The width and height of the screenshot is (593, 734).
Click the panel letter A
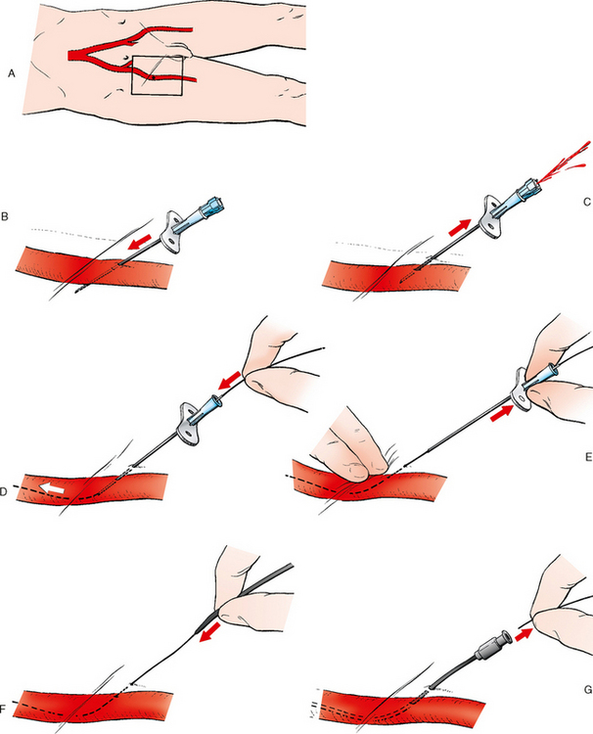pyautogui.click(x=12, y=73)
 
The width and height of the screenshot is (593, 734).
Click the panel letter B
pyautogui.click(x=5, y=216)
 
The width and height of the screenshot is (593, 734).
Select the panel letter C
pyautogui.click(x=587, y=202)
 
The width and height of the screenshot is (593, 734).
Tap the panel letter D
pyautogui.click(x=3, y=491)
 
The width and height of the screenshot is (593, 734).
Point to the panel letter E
pyautogui.click(x=588, y=457)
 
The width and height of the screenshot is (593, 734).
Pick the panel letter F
pyautogui.click(x=3, y=711)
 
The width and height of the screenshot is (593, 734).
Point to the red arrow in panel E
pyautogui.click(x=502, y=413)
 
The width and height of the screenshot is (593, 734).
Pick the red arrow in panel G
pyautogui.click(x=524, y=635)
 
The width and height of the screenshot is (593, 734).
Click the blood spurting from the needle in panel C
pyautogui.click(x=564, y=163)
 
